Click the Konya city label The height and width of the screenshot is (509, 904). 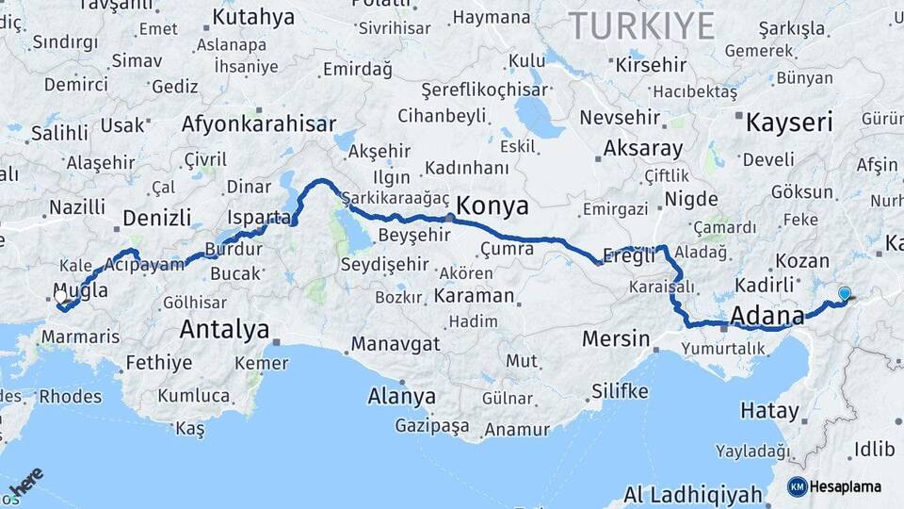492,206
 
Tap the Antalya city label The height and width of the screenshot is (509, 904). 224,330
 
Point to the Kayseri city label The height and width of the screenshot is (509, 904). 789,123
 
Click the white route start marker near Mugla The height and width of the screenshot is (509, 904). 61,296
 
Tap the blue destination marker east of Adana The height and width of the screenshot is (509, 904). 844,294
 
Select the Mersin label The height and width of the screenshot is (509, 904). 617,338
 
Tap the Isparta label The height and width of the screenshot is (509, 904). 259,218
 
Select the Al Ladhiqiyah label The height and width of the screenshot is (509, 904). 692,495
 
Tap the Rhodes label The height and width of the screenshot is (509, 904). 72,397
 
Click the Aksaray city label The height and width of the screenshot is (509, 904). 642,149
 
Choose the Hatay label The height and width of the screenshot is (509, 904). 769,411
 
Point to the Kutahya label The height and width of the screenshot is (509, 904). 253,17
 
